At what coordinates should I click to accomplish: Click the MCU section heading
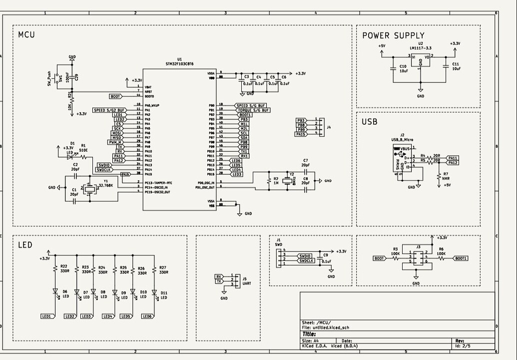pyautogui.click(x=26, y=35)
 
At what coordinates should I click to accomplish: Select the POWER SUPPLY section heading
pyautogui.click(x=393, y=35)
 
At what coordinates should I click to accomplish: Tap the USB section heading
pyautogui.click(x=370, y=122)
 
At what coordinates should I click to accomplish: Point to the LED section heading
pyautogui.click(x=25, y=245)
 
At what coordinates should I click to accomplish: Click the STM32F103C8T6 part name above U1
pyautogui.click(x=179, y=64)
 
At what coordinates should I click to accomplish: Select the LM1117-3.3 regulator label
pyautogui.click(x=420, y=48)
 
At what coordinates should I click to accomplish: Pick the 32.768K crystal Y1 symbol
pyautogui.click(x=89, y=188)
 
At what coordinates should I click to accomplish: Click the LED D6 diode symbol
pyautogui.click(x=55, y=292)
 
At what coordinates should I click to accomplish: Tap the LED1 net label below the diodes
pyautogui.click(x=47, y=316)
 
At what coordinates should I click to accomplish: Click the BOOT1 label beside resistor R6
pyautogui.click(x=460, y=259)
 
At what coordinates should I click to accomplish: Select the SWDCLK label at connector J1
pyautogui.click(x=305, y=261)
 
